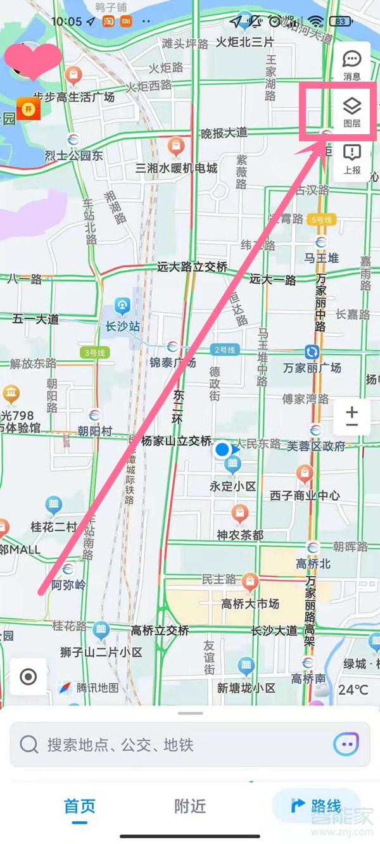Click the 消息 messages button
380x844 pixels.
[351, 65]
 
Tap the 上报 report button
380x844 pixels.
[351, 158]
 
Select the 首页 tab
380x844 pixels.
[80, 806]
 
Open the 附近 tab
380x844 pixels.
[190, 806]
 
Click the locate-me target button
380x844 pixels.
[28, 677]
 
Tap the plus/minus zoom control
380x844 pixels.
[351, 417]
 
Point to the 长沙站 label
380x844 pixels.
[123, 327]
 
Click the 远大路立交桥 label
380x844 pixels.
[192, 267]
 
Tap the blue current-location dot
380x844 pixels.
[222, 450]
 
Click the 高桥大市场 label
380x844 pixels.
[250, 604]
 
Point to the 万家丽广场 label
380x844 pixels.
[312, 367]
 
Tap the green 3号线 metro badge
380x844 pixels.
[94, 353]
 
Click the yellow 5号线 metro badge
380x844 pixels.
[322, 220]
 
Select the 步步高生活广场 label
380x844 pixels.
[74, 97]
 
